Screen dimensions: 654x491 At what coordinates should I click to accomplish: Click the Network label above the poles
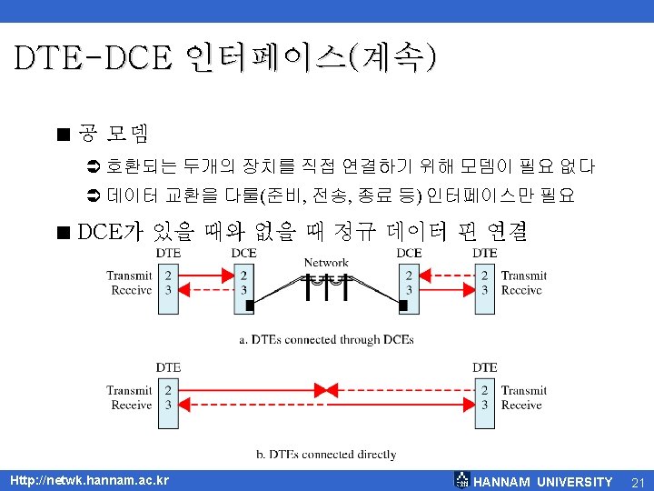coord(326,263)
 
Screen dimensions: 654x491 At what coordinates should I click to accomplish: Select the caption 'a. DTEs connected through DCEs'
coord(326,339)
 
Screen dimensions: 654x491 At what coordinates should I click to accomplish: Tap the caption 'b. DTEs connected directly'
coord(326,454)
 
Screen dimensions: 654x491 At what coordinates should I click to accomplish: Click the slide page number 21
coord(637,481)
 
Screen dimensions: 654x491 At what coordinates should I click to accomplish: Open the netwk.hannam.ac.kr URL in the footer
coord(89,480)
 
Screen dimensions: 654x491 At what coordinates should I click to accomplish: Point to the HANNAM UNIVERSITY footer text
coord(543,481)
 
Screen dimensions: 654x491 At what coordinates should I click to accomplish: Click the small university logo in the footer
coord(462,480)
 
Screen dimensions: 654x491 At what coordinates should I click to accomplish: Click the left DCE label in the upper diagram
coord(243,253)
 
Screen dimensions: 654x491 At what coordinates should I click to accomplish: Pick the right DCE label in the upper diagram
coord(409,253)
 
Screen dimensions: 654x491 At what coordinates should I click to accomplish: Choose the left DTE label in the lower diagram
coord(168,367)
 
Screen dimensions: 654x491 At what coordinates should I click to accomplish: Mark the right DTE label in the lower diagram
coord(485,367)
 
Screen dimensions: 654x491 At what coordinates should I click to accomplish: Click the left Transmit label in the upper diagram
coord(129,276)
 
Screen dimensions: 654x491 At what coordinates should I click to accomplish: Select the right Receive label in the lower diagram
coord(522,405)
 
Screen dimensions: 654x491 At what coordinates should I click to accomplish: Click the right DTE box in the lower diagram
coord(485,397)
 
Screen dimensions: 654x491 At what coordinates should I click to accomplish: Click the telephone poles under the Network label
coord(326,286)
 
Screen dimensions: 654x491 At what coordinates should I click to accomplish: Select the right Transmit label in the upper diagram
coord(524,276)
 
